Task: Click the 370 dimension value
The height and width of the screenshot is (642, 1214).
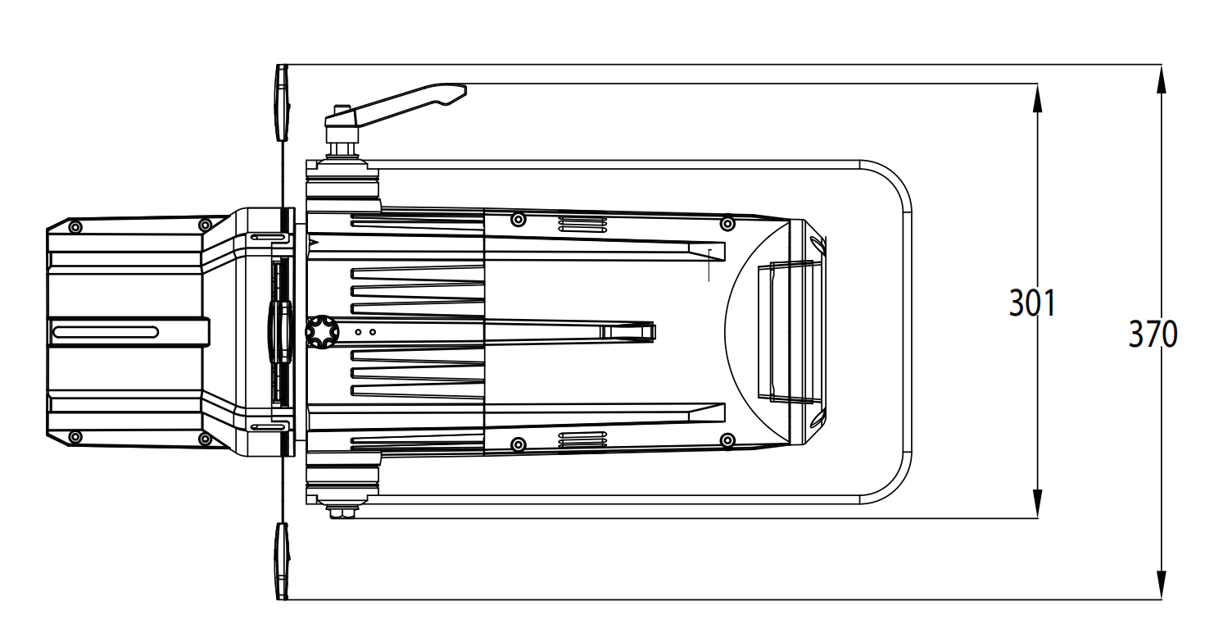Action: (1153, 335)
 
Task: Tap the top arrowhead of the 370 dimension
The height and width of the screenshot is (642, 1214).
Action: (1161, 80)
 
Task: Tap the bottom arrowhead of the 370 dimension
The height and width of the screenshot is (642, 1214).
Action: (1161, 585)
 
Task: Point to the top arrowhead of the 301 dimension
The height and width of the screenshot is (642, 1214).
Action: (1037, 98)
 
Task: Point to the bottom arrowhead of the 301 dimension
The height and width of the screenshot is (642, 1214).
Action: (1037, 503)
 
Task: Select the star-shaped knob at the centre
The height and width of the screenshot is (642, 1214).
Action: (322, 331)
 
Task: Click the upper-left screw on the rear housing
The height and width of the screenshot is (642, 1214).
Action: (76, 227)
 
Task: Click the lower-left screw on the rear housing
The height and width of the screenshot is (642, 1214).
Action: (76, 437)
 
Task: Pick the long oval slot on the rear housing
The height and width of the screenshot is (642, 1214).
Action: (106, 332)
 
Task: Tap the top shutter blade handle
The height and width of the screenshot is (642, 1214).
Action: (282, 102)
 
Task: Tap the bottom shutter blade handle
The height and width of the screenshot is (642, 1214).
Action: (282, 561)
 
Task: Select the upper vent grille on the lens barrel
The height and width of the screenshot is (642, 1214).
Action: (582, 224)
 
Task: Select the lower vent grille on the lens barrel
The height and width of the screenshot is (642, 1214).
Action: (582, 439)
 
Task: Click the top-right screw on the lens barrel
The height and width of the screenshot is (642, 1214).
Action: (727, 223)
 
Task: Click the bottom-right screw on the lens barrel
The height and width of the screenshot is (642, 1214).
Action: (727, 440)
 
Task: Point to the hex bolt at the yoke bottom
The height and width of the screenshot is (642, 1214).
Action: (342, 511)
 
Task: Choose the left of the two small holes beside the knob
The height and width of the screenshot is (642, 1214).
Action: (358, 332)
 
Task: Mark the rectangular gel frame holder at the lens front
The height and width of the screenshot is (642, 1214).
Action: (790, 332)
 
